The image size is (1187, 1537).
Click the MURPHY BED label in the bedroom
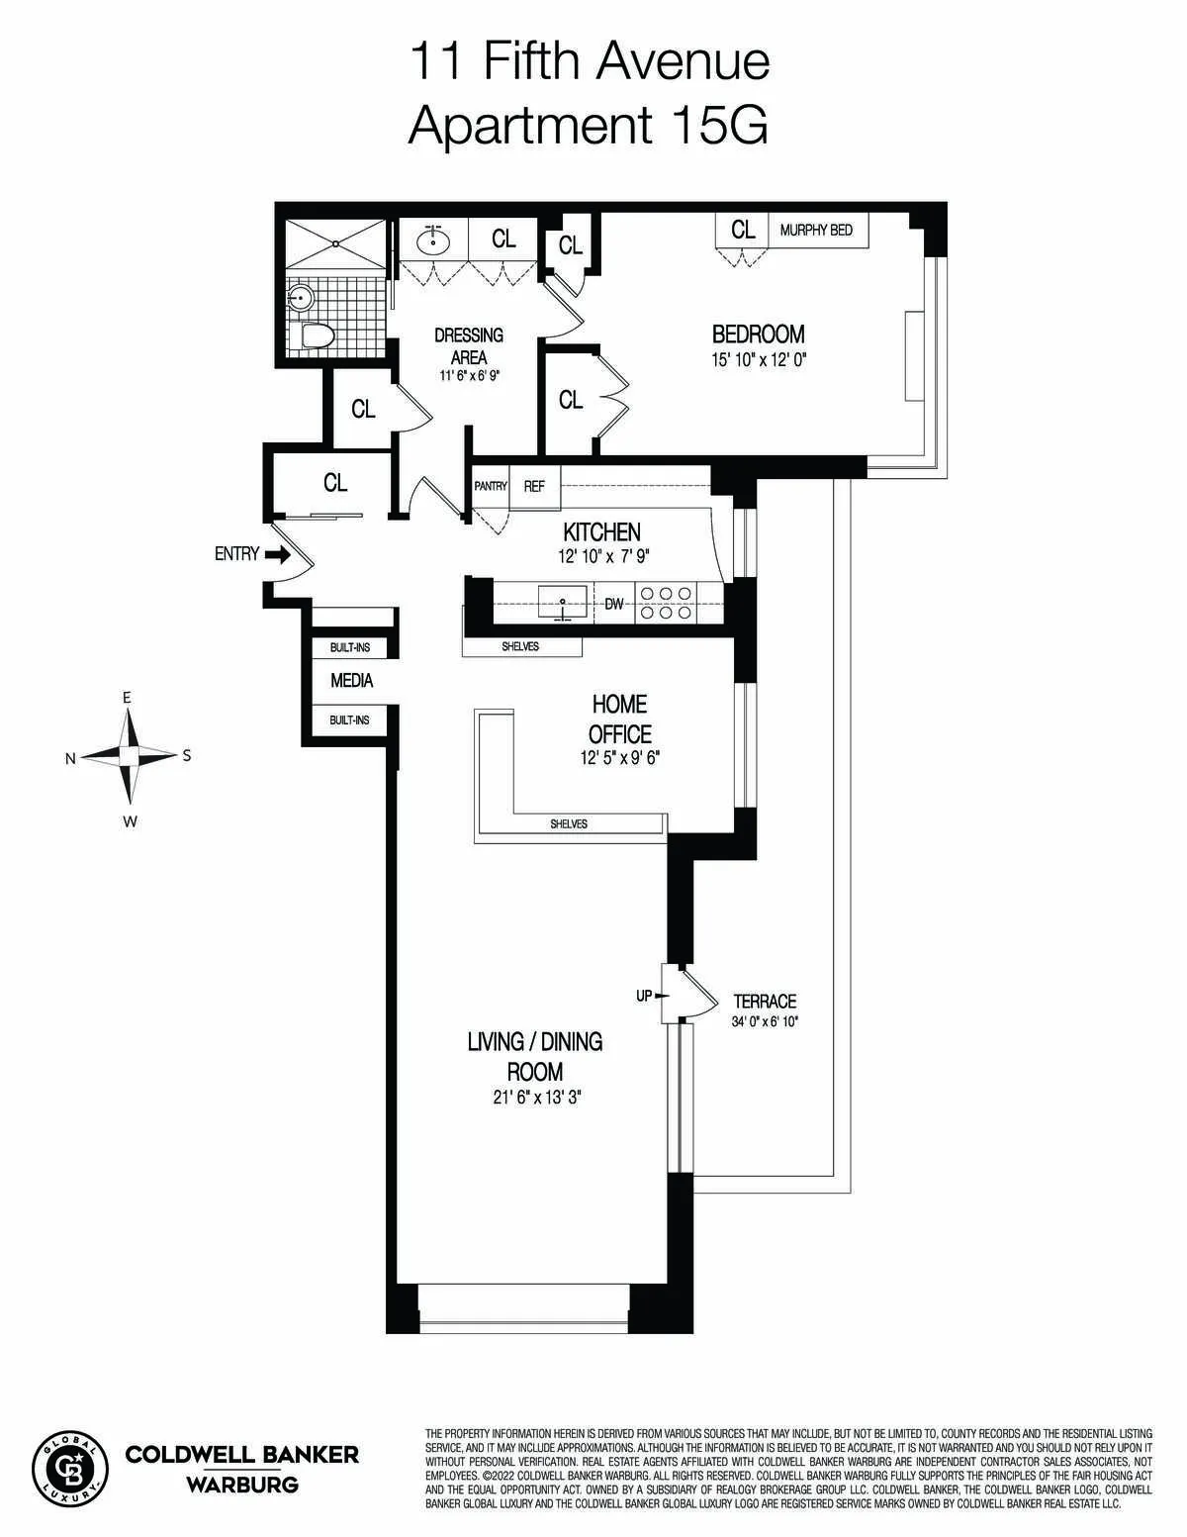click(816, 231)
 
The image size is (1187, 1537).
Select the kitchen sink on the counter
click(563, 602)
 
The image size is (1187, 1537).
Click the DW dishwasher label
click(614, 604)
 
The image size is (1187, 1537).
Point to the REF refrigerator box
click(534, 486)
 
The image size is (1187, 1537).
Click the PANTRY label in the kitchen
click(491, 486)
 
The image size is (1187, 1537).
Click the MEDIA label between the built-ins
click(351, 681)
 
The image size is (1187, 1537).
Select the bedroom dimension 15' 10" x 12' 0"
click(760, 360)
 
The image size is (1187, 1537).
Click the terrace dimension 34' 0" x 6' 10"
click(765, 1021)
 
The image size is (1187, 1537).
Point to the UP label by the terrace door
click(644, 996)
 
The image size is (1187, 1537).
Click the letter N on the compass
click(70, 759)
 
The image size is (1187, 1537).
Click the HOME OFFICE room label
click(620, 720)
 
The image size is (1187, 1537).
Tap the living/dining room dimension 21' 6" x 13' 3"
click(535, 1097)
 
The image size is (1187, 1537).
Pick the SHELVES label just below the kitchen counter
click(520, 646)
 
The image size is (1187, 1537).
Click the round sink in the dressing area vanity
click(431, 240)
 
